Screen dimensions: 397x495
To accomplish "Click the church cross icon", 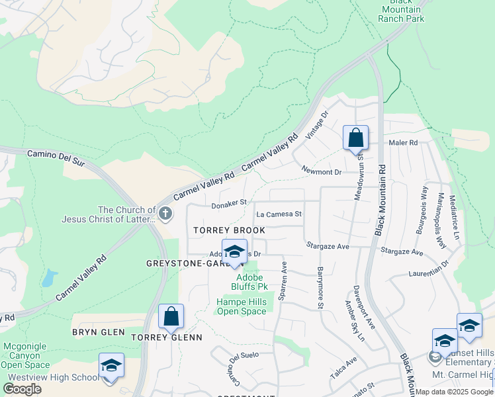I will pos(165,213).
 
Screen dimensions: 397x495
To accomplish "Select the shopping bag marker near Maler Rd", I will pos(355,138).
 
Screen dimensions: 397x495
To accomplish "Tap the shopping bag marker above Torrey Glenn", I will pos(171,317).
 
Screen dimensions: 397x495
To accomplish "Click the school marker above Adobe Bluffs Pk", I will pos(234,251).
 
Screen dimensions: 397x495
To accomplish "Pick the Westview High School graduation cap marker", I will pos(111,365).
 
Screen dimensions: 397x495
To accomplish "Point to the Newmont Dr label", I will pos(320,172).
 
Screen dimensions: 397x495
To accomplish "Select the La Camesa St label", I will pos(279,214).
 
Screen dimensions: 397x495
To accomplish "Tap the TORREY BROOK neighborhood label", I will pos(229,230).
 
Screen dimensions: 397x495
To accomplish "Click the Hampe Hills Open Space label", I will pos(242,306).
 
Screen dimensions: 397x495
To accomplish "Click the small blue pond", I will pos(49,279).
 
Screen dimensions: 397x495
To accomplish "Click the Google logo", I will pos(22,389).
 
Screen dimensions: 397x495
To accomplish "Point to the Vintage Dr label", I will pos(316,124).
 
